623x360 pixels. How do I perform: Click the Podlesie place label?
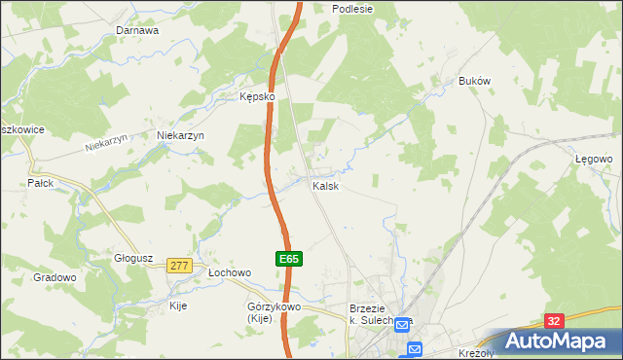click(x=352, y=8)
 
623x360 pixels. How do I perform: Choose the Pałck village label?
click(x=40, y=183)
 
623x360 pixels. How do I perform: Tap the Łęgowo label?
click(x=592, y=158)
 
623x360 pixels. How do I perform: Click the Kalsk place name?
click(x=325, y=186)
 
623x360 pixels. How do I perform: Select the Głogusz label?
click(x=133, y=258)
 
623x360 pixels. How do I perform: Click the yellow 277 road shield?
click(x=178, y=265)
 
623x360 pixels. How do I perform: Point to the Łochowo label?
click(x=231, y=273)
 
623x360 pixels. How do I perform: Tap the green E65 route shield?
click(x=288, y=259)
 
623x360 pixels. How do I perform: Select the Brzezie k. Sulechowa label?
click(x=381, y=313)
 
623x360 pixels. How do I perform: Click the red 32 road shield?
click(x=553, y=321)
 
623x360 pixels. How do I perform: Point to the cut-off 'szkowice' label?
click(x=18, y=128)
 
